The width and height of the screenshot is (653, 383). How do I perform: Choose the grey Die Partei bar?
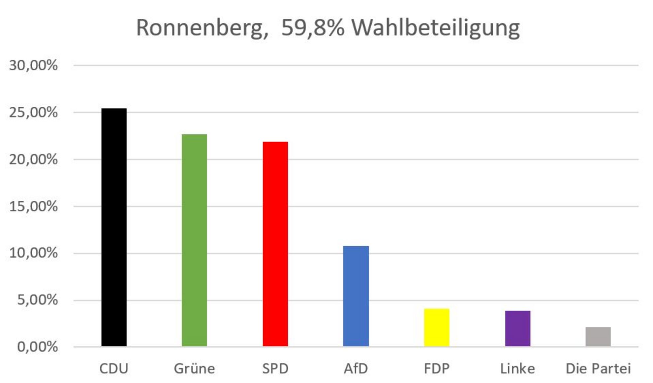(x=598, y=336)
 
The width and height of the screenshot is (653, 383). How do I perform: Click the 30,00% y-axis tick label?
(x=33, y=65)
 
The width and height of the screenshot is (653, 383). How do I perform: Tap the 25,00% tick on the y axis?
(x=33, y=113)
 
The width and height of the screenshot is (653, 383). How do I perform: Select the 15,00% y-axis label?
(x=33, y=207)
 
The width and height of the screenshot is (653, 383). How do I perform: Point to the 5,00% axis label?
(x=37, y=300)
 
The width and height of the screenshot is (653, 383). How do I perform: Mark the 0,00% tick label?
(x=37, y=347)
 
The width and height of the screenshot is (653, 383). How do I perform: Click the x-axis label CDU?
(x=114, y=368)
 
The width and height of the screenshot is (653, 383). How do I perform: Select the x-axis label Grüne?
(x=194, y=368)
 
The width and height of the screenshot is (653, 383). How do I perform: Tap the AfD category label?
(x=356, y=368)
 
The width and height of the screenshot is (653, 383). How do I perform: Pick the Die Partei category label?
(x=598, y=368)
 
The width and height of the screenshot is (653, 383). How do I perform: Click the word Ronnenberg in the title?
(x=202, y=28)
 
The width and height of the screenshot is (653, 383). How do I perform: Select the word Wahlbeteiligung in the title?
(x=435, y=28)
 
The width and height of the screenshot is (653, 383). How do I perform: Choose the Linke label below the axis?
(x=517, y=368)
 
